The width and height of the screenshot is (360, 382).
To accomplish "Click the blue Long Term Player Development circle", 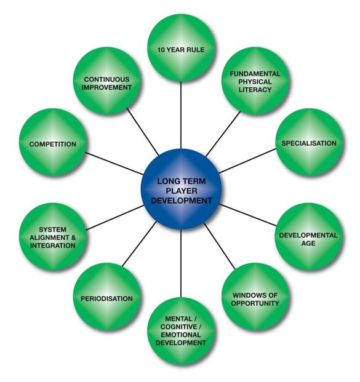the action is pyautogui.click(x=181, y=189).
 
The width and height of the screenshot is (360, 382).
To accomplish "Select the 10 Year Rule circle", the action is pyautogui.click(x=181, y=48).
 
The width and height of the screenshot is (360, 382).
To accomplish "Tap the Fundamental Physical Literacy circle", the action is pyautogui.click(x=255, y=81).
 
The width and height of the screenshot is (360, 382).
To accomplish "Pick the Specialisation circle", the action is pyautogui.click(x=310, y=143).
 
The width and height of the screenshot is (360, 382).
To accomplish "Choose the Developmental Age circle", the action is pyautogui.click(x=309, y=237).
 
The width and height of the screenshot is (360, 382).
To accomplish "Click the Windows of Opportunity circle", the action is pyautogui.click(x=255, y=296).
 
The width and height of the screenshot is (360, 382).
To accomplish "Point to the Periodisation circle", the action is pyautogui.click(x=107, y=296).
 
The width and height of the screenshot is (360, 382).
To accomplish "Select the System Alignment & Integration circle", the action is pyautogui.click(x=53, y=237).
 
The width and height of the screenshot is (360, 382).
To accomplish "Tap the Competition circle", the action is pyautogui.click(x=53, y=143).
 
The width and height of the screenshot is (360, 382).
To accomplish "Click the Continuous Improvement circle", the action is pyautogui.click(x=107, y=81).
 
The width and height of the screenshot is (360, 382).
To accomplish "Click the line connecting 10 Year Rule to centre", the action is pyautogui.click(x=181, y=115).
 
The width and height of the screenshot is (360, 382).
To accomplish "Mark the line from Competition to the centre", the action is pyautogui.click(x=114, y=164).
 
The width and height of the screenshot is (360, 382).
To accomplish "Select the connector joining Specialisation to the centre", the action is pyautogui.click(x=247, y=161).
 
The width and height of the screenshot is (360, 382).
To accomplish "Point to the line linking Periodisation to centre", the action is pyautogui.click(x=139, y=244).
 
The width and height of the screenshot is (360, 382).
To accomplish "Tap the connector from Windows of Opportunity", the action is pyautogui.click(x=220, y=246).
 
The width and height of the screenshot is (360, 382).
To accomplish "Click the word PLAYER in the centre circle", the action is pyautogui.click(x=182, y=191).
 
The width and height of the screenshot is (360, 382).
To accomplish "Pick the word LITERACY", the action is pyautogui.click(x=255, y=90).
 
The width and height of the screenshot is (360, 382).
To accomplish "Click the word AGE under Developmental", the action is pyautogui.click(x=308, y=243).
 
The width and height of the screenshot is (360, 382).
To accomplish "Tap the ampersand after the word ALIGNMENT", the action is pyautogui.click(x=73, y=237).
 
